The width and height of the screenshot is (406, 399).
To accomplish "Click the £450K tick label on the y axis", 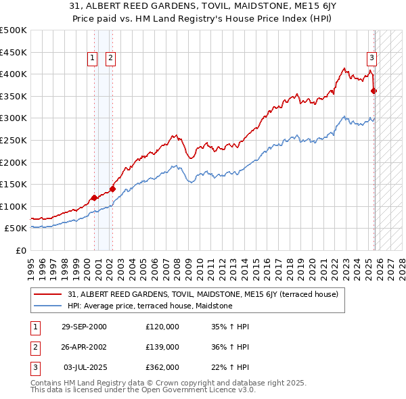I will pyautogui.click(x=14, y=52).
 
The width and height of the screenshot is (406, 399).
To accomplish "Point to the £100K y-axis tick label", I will pyautogui.click(x=14, y=206).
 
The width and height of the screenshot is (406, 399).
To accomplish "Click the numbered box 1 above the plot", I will pyautogui.click(x=92, y=59).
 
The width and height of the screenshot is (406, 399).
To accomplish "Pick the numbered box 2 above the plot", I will pyautogui.click(x=110, y=59).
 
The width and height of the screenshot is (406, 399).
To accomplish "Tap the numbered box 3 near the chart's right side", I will pyautogui.click(x=371, y=59).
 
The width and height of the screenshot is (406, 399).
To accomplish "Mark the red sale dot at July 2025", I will pyautogui.click(x=374, y=91).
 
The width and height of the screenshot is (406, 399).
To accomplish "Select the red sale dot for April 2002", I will pyautogui.click(x=112, y=189).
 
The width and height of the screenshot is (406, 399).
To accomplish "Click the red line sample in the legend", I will pyautogui.click(x=49, y=294).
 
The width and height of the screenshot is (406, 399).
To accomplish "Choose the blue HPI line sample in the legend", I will pyautogui.click(x=49, y=306).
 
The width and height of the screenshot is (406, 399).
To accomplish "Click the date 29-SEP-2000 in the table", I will pyautogui.click(x=84, y=326).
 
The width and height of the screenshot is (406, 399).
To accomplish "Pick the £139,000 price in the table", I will pyautogui.click(x=162, y=346).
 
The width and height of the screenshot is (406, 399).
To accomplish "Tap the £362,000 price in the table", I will pyautogui.click(x=162, y=367).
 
